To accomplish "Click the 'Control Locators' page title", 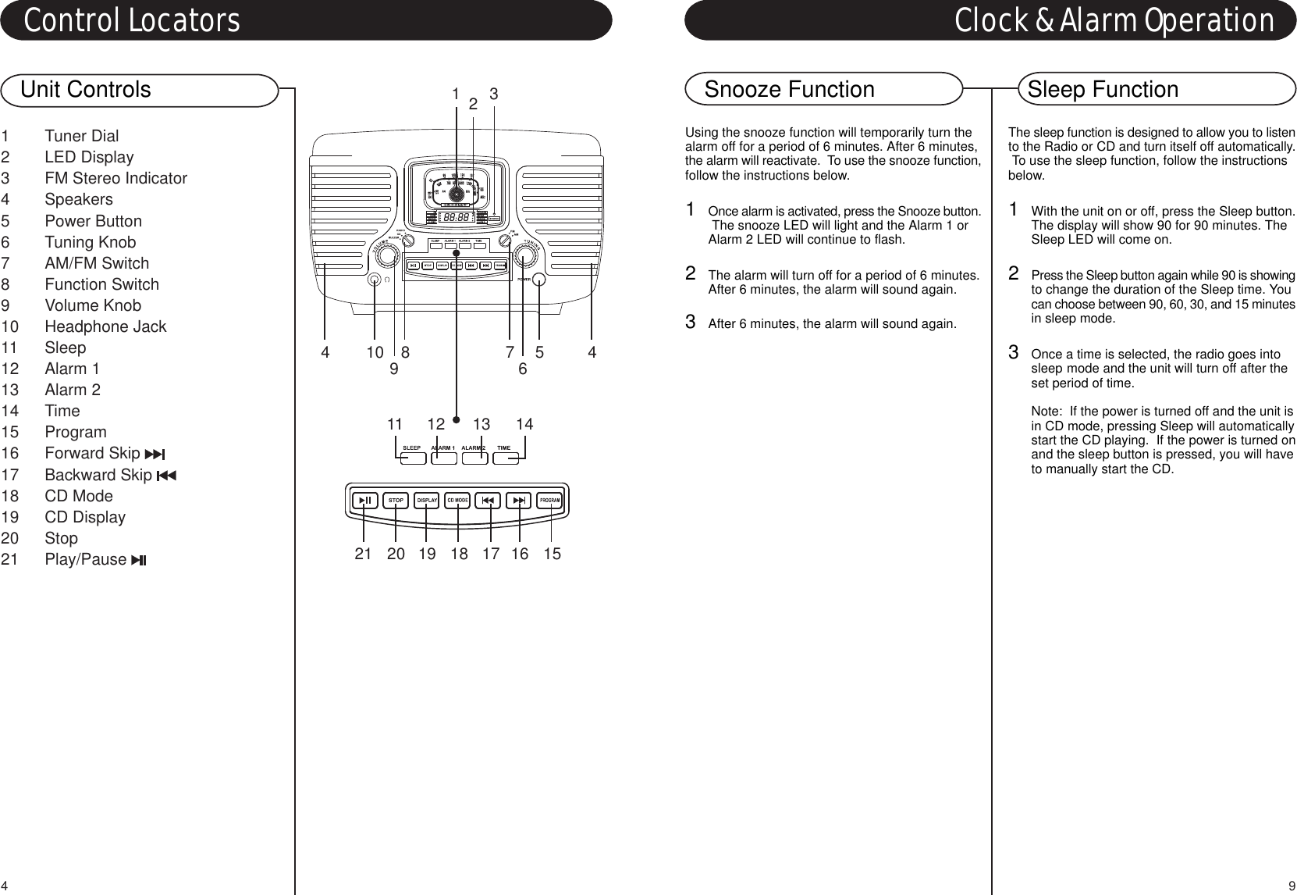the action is [x=132, y=21].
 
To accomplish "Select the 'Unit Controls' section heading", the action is [x=86, y=90].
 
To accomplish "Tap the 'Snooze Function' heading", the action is [x=789, y=90].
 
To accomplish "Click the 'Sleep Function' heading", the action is [x=1103, y=90].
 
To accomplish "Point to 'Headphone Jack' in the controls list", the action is [x=105, y=326].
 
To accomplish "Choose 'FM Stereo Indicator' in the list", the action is [x=115, y=179].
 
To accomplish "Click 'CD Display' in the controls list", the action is [x=84, y=517].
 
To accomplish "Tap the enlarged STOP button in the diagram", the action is [x=396, y=500].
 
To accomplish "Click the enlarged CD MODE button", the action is [x=457, y=500].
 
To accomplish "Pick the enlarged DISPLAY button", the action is [x=427, y=500].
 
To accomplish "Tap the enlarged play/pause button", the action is [x=364, y=500].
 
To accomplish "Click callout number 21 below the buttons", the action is [x=363, y=554].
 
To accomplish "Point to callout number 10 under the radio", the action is [x=375, y=352].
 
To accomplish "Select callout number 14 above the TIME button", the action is [x=524, y=424].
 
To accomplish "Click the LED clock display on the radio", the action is [x=457, y=218].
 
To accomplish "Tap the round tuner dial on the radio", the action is [x=457, y=191].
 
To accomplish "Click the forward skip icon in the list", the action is [x=154, y=455].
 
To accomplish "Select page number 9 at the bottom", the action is [x=1292, y=886].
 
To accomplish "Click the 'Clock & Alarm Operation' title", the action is [x=1114, y=21].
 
